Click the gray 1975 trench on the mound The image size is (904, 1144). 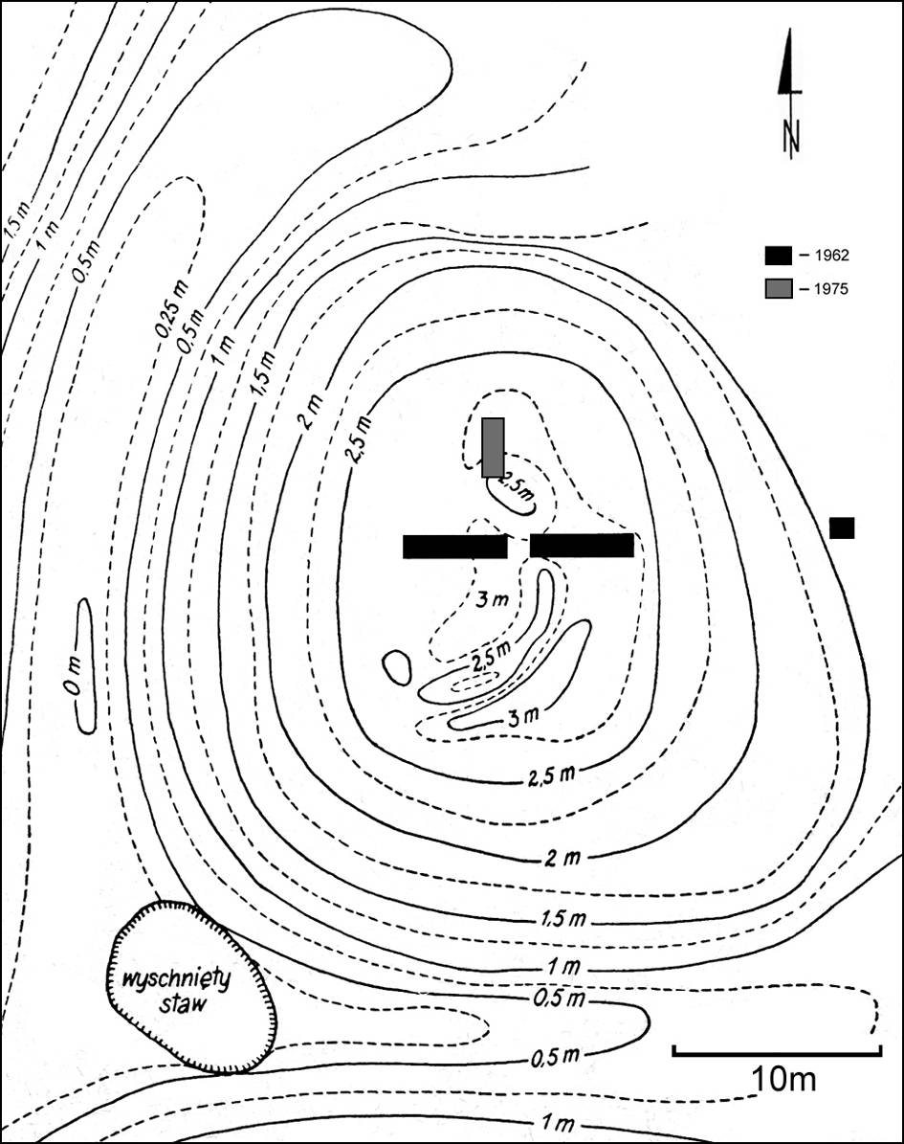[x=493, y=447]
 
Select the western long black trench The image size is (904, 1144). [x=454, y=547]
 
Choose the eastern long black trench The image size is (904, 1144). [x=582, y=546]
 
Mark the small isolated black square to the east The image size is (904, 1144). [x=842, y=527]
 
